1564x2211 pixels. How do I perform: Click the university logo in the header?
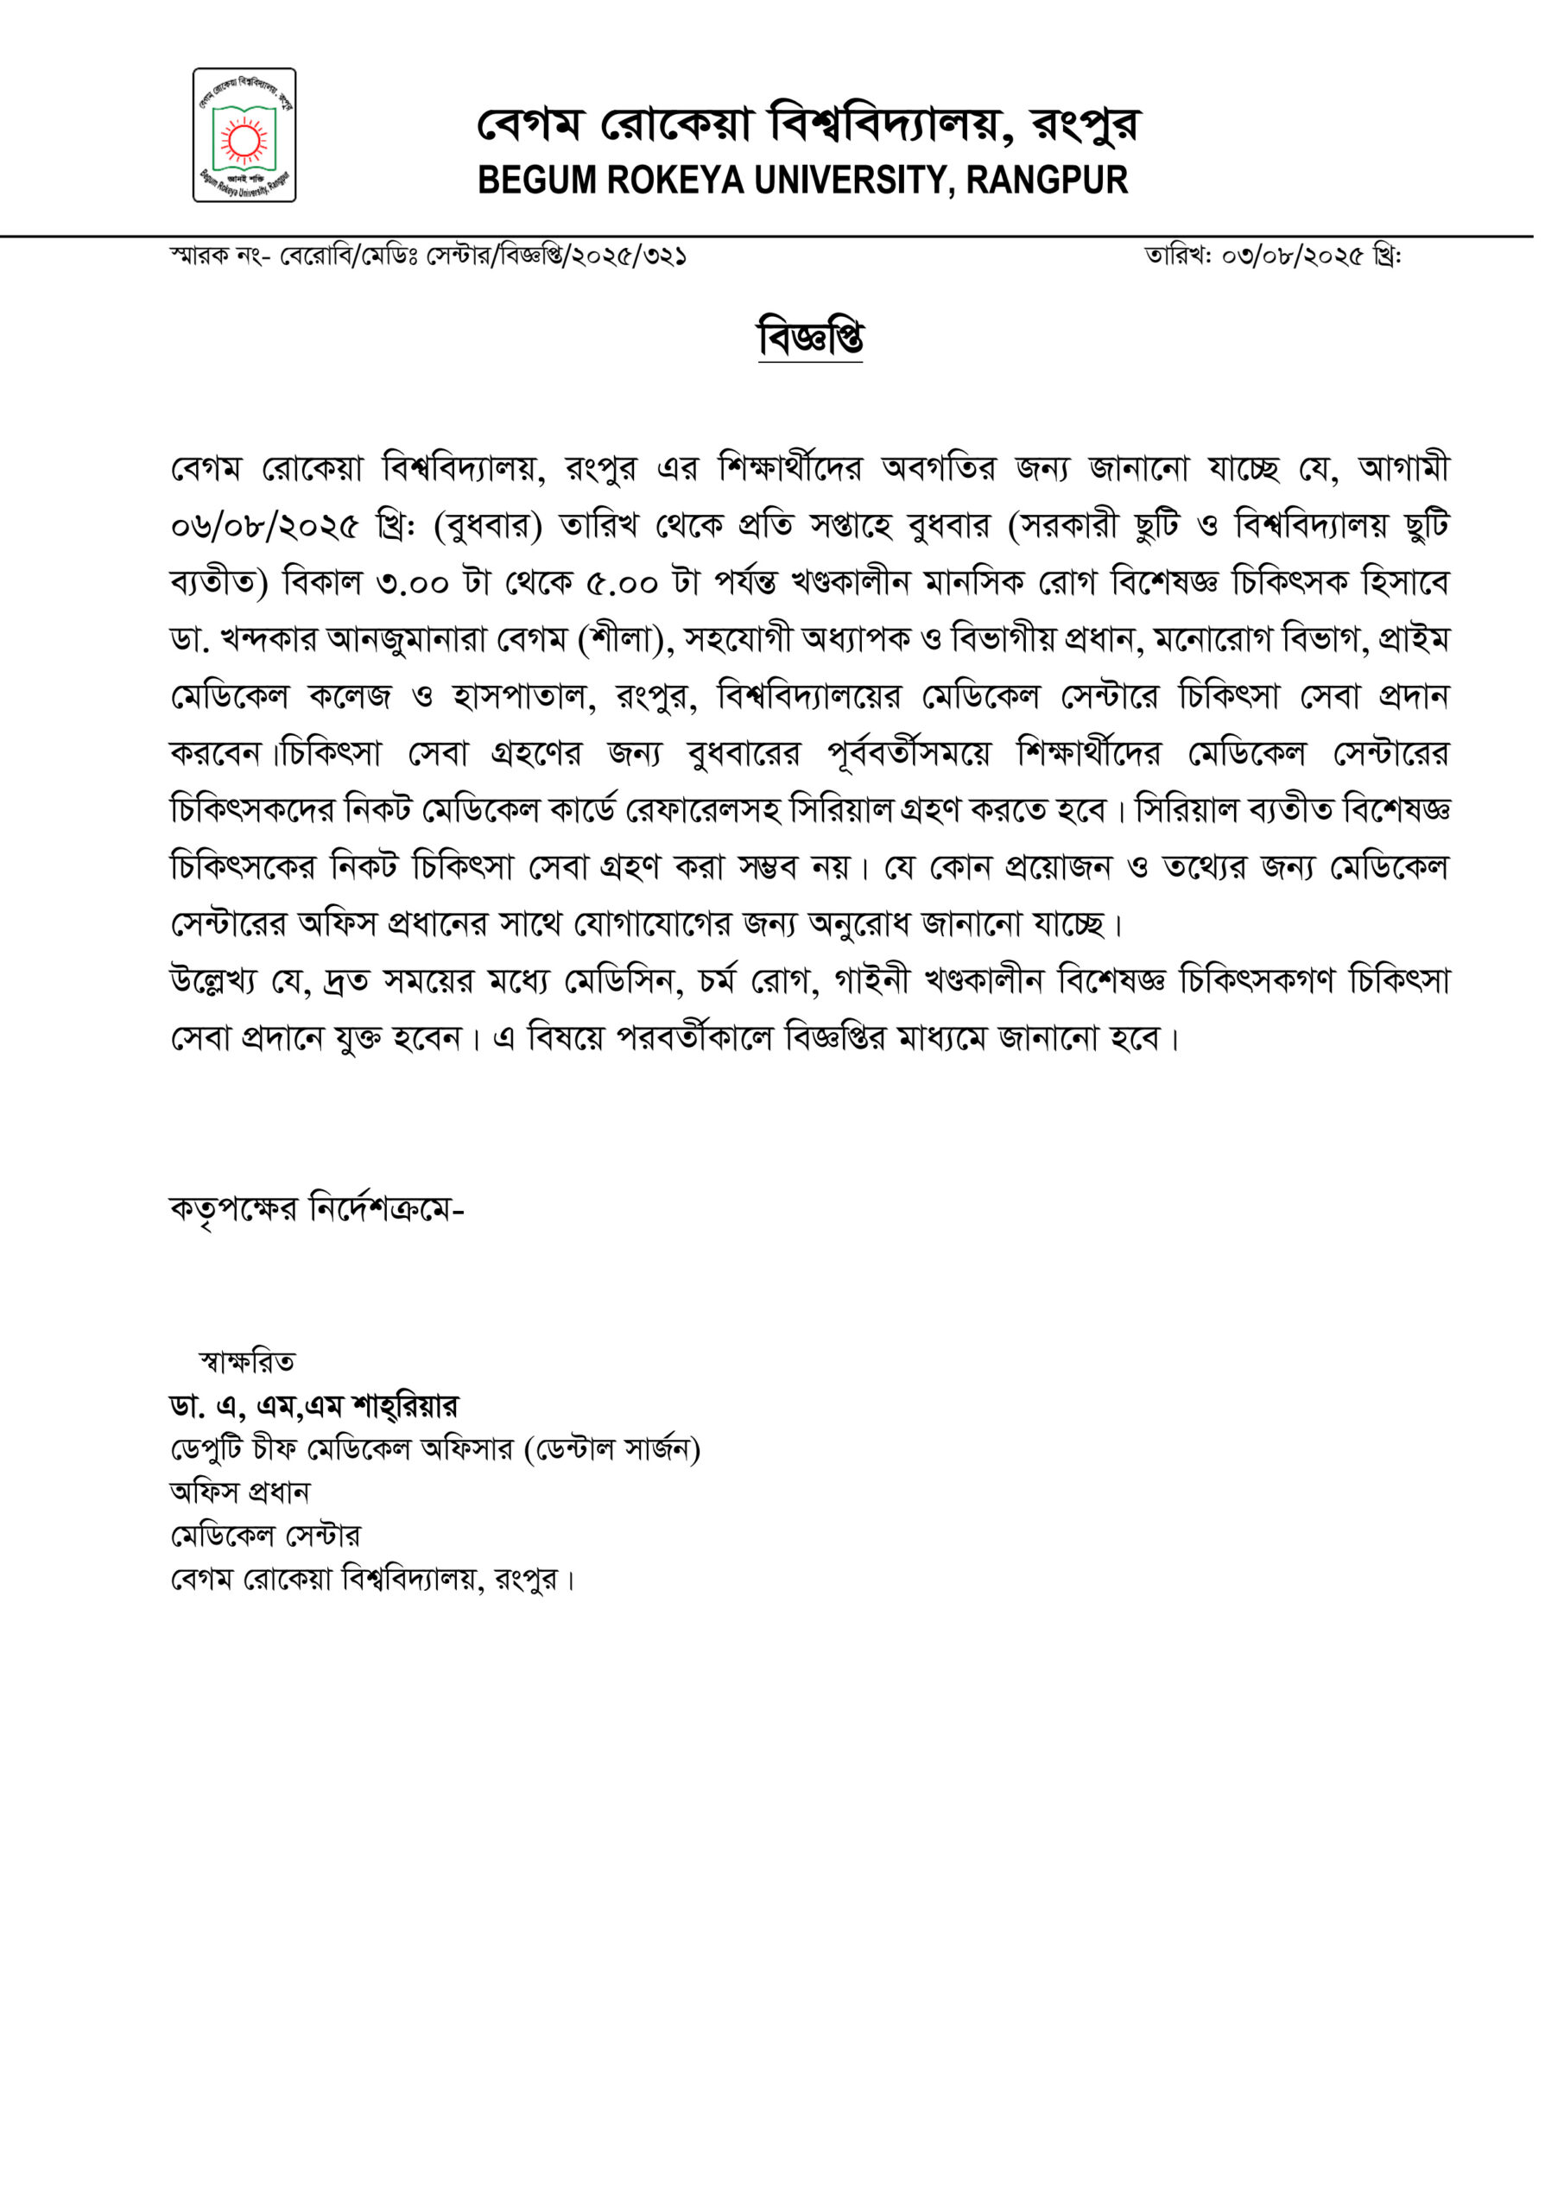(244, 135)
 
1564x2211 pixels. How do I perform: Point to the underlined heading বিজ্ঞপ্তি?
(810, 338)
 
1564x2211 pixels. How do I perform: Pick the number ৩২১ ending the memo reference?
(666, 257)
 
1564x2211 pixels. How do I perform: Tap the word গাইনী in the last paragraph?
(871, 981)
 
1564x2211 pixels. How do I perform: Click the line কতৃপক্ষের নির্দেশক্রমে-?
(317, 1209)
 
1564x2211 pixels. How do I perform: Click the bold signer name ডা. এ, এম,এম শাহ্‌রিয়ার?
(314, 1407)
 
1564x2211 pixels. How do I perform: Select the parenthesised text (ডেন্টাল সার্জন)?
(611, 1449)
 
